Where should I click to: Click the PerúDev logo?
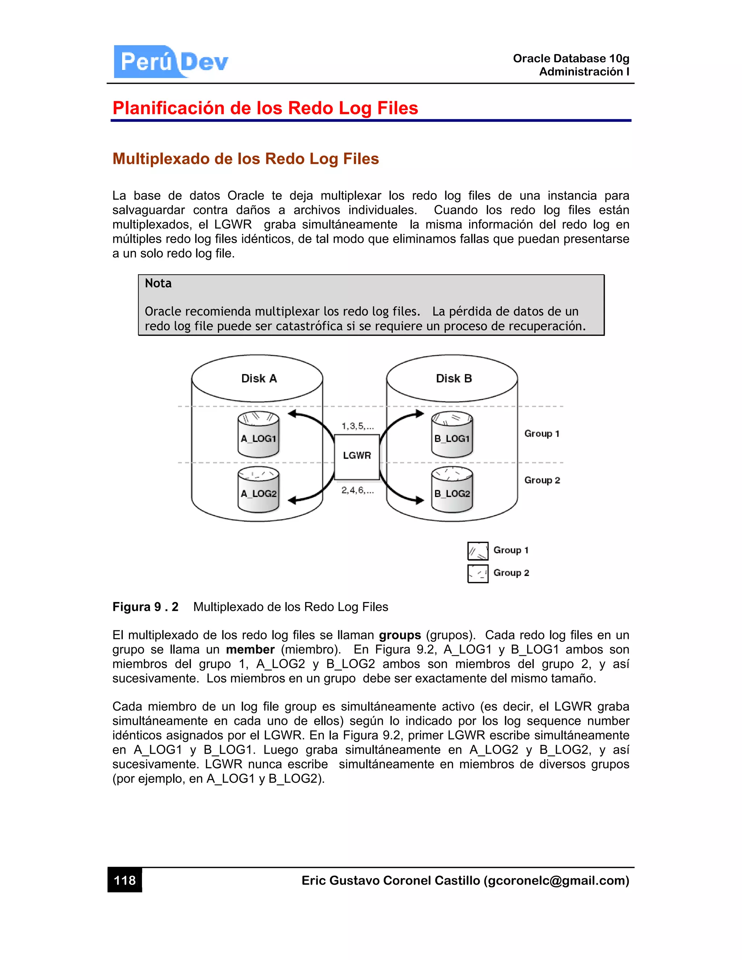(171, 62)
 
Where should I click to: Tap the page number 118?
(125, 880)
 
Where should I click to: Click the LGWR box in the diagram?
(357, 456)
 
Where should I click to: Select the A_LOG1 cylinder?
(258, 435)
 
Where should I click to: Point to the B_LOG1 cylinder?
(452, 435)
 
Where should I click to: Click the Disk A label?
(259, 379)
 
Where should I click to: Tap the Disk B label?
(454, 379)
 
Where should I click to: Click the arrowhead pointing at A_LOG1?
(292, 414)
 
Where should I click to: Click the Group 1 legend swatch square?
(478, 551)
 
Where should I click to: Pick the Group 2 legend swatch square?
(478, 573)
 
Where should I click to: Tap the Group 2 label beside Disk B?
(542, 480)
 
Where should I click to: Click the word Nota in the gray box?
(158, 283)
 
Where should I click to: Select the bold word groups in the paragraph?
(400, 635)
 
